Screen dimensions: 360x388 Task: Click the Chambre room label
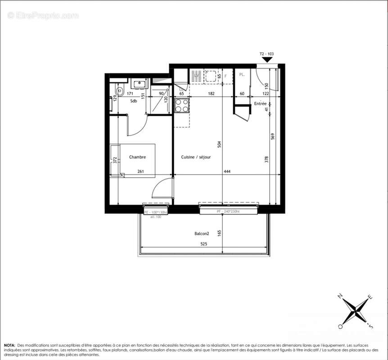tap(138, 157)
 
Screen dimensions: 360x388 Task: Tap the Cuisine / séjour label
tap(196, 157)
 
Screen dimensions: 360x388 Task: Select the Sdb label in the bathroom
tap(134, 101)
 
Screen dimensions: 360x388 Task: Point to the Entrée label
tap(260, 103)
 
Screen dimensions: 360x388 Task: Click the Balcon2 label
tap(202, 234)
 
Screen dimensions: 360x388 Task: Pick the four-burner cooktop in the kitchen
tap(182, 105)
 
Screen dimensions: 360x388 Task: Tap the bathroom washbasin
tap(139, 84)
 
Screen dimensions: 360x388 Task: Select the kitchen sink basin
tap(211, 76)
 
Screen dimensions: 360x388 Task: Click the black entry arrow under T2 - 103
tap(267, 59)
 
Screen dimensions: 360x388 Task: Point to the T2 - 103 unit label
tap(267, 54)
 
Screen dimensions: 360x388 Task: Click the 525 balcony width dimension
tap(203, 244)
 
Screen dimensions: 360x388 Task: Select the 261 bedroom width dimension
tap(140, 171)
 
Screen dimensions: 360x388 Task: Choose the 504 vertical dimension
tap(219, 144)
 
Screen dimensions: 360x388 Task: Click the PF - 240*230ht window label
tap(228, 211)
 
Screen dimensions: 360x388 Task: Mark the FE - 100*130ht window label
tap(155, 212)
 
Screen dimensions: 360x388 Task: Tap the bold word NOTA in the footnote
tap(9, 344)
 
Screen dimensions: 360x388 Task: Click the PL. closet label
tap(242, 75)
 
